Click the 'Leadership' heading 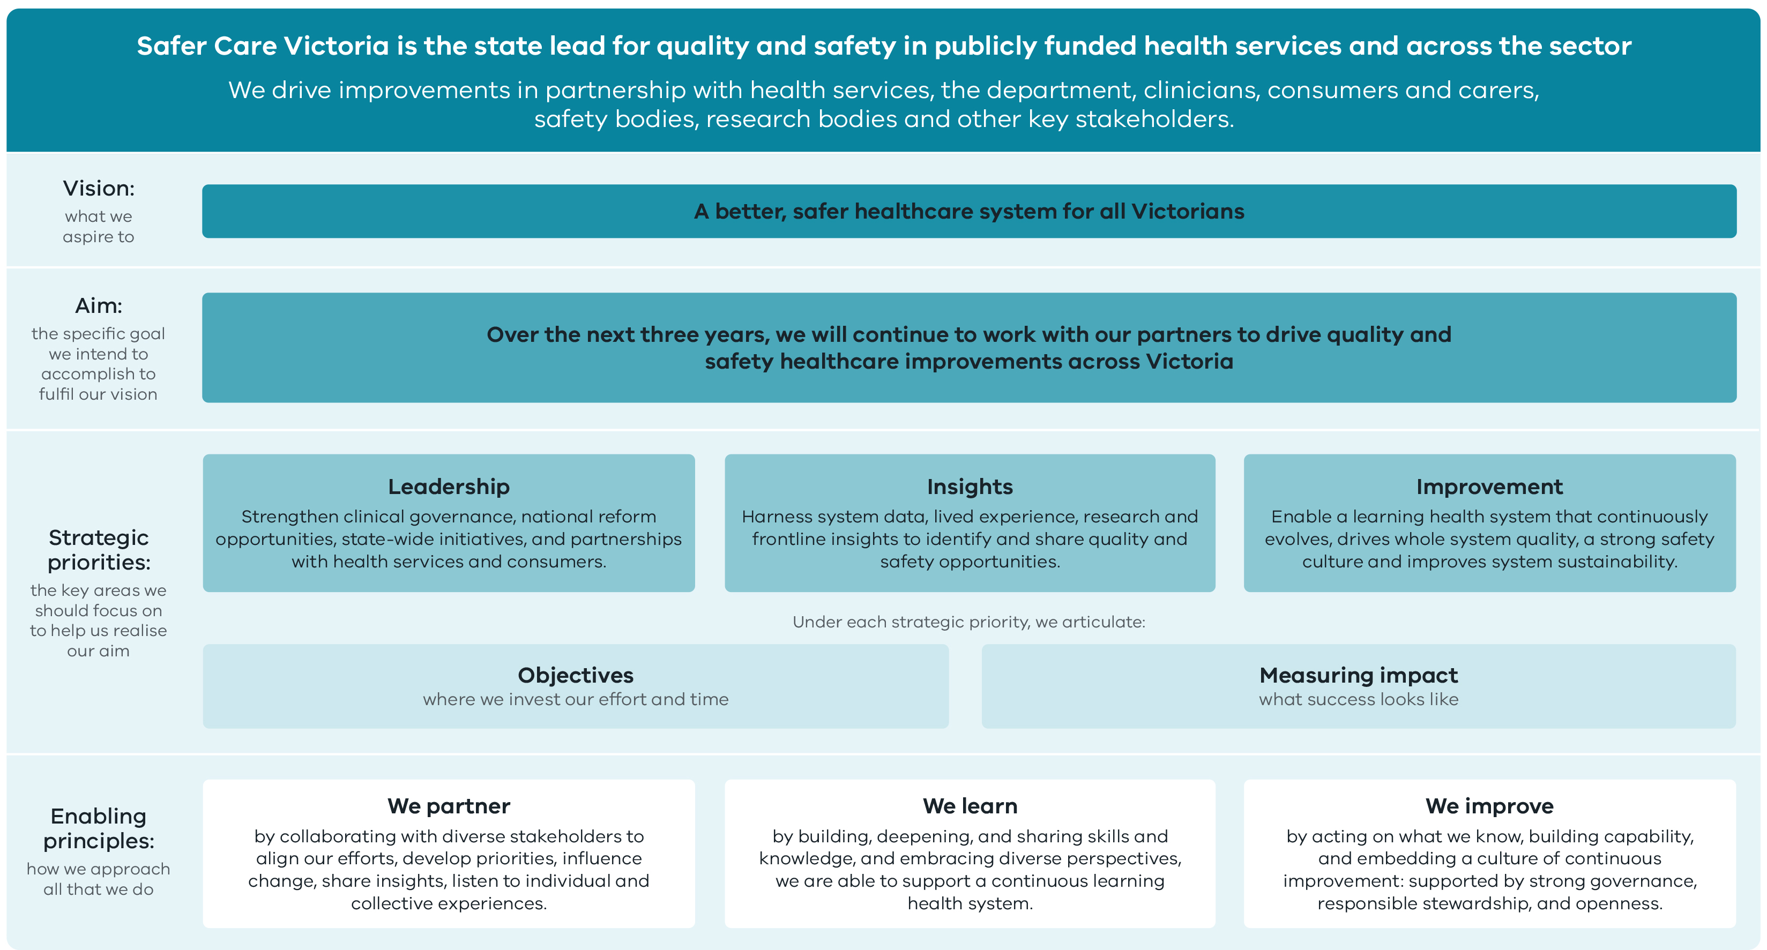pos(449,487)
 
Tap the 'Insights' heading pos(969,487)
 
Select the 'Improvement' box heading pos(1489,487)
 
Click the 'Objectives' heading pos(576,675)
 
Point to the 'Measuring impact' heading pos(1358,675)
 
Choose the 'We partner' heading pos(449,806)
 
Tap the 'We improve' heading pos(1489,806)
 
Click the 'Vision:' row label pos(99,188)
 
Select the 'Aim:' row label pos(99,305)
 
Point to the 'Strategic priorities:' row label pos(99,549)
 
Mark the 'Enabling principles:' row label pos(99,828)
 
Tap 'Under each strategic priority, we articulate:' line pos(968,622)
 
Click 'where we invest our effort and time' pos(576,699)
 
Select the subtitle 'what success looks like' pos(1358,699)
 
